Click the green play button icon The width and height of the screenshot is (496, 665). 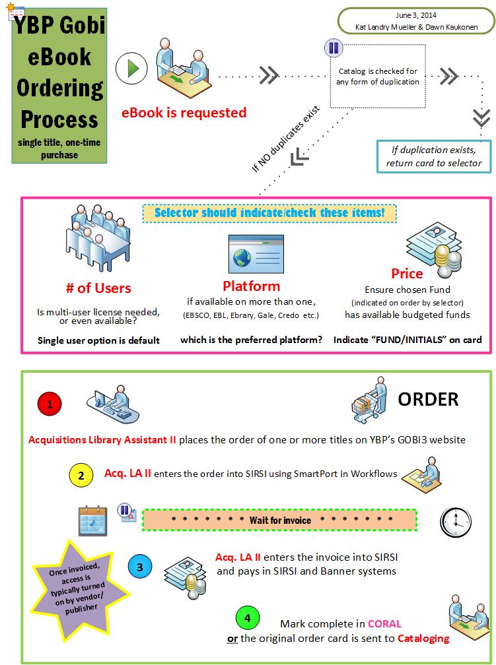tap(131, 68)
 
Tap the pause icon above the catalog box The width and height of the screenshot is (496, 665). tap(333, 47)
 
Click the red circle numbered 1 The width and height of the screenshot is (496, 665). tap(50, 403)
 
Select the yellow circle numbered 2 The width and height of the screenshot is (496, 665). tap(81, 475)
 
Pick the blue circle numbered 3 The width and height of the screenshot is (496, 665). tap(139, 567)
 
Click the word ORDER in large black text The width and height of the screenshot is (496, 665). tap(427, 399)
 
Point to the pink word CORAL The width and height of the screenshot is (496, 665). tap(385, 623)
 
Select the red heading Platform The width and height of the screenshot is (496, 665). tap(251, 286)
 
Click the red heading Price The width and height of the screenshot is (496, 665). tap(407, 273)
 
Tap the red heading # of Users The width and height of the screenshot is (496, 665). tap(98, 288)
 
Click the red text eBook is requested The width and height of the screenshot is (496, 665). tap(184, 113)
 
